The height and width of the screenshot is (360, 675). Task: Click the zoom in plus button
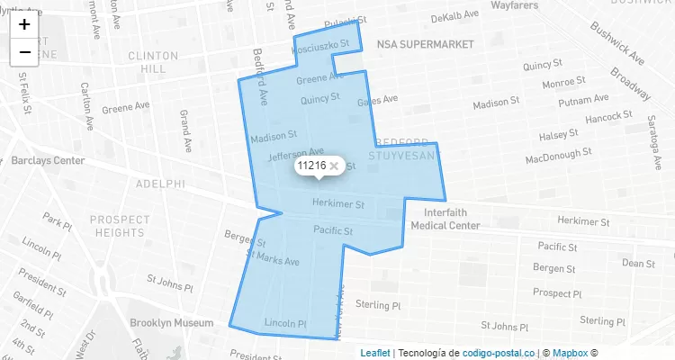24,24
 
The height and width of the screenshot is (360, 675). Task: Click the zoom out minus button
24,52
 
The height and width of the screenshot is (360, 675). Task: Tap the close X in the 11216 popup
334,166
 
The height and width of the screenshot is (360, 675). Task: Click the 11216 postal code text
310,166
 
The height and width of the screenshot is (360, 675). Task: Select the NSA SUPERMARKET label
426,43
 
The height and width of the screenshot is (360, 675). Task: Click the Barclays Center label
48,160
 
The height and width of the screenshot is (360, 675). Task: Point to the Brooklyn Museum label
171,322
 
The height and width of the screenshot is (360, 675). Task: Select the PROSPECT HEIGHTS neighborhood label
120,225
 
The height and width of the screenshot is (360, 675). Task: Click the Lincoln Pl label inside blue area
286,322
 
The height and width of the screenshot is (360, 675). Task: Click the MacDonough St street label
562,158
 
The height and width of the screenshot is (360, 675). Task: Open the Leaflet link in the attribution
375,353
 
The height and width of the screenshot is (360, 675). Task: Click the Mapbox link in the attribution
569,353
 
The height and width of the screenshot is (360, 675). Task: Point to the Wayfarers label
520,5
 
